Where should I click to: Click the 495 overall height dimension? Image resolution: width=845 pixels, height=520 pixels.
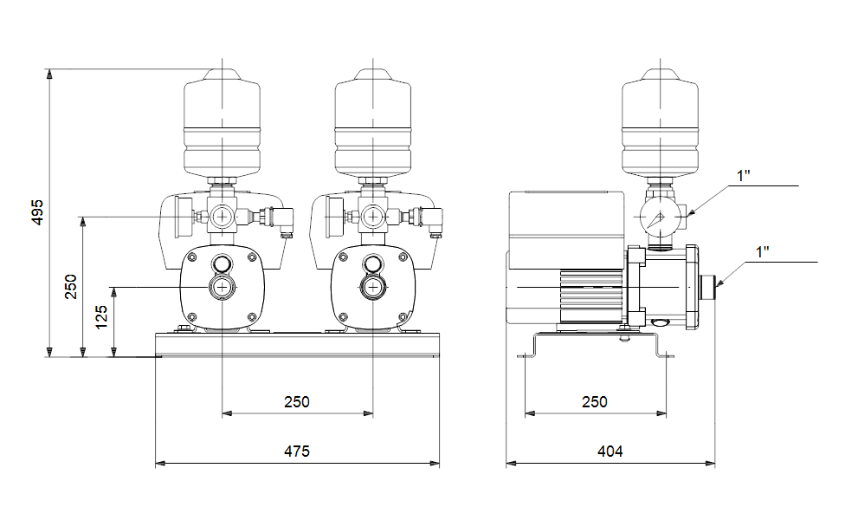coord(37,212)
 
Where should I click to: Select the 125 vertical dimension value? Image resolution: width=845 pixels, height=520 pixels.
coord(101,316)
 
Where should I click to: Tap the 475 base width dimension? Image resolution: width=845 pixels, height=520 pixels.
coord(297,451)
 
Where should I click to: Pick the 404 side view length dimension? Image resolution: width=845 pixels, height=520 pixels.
coord(610,451)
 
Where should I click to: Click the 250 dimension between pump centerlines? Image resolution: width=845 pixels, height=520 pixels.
coord(297,402)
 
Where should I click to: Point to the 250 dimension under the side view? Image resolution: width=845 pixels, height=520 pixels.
coord(595,402)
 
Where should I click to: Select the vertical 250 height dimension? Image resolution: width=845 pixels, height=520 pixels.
coord(71,286)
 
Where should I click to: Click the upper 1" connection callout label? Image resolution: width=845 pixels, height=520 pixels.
coord(744,176)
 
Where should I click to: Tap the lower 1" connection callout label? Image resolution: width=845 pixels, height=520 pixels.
coord(763,252)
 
